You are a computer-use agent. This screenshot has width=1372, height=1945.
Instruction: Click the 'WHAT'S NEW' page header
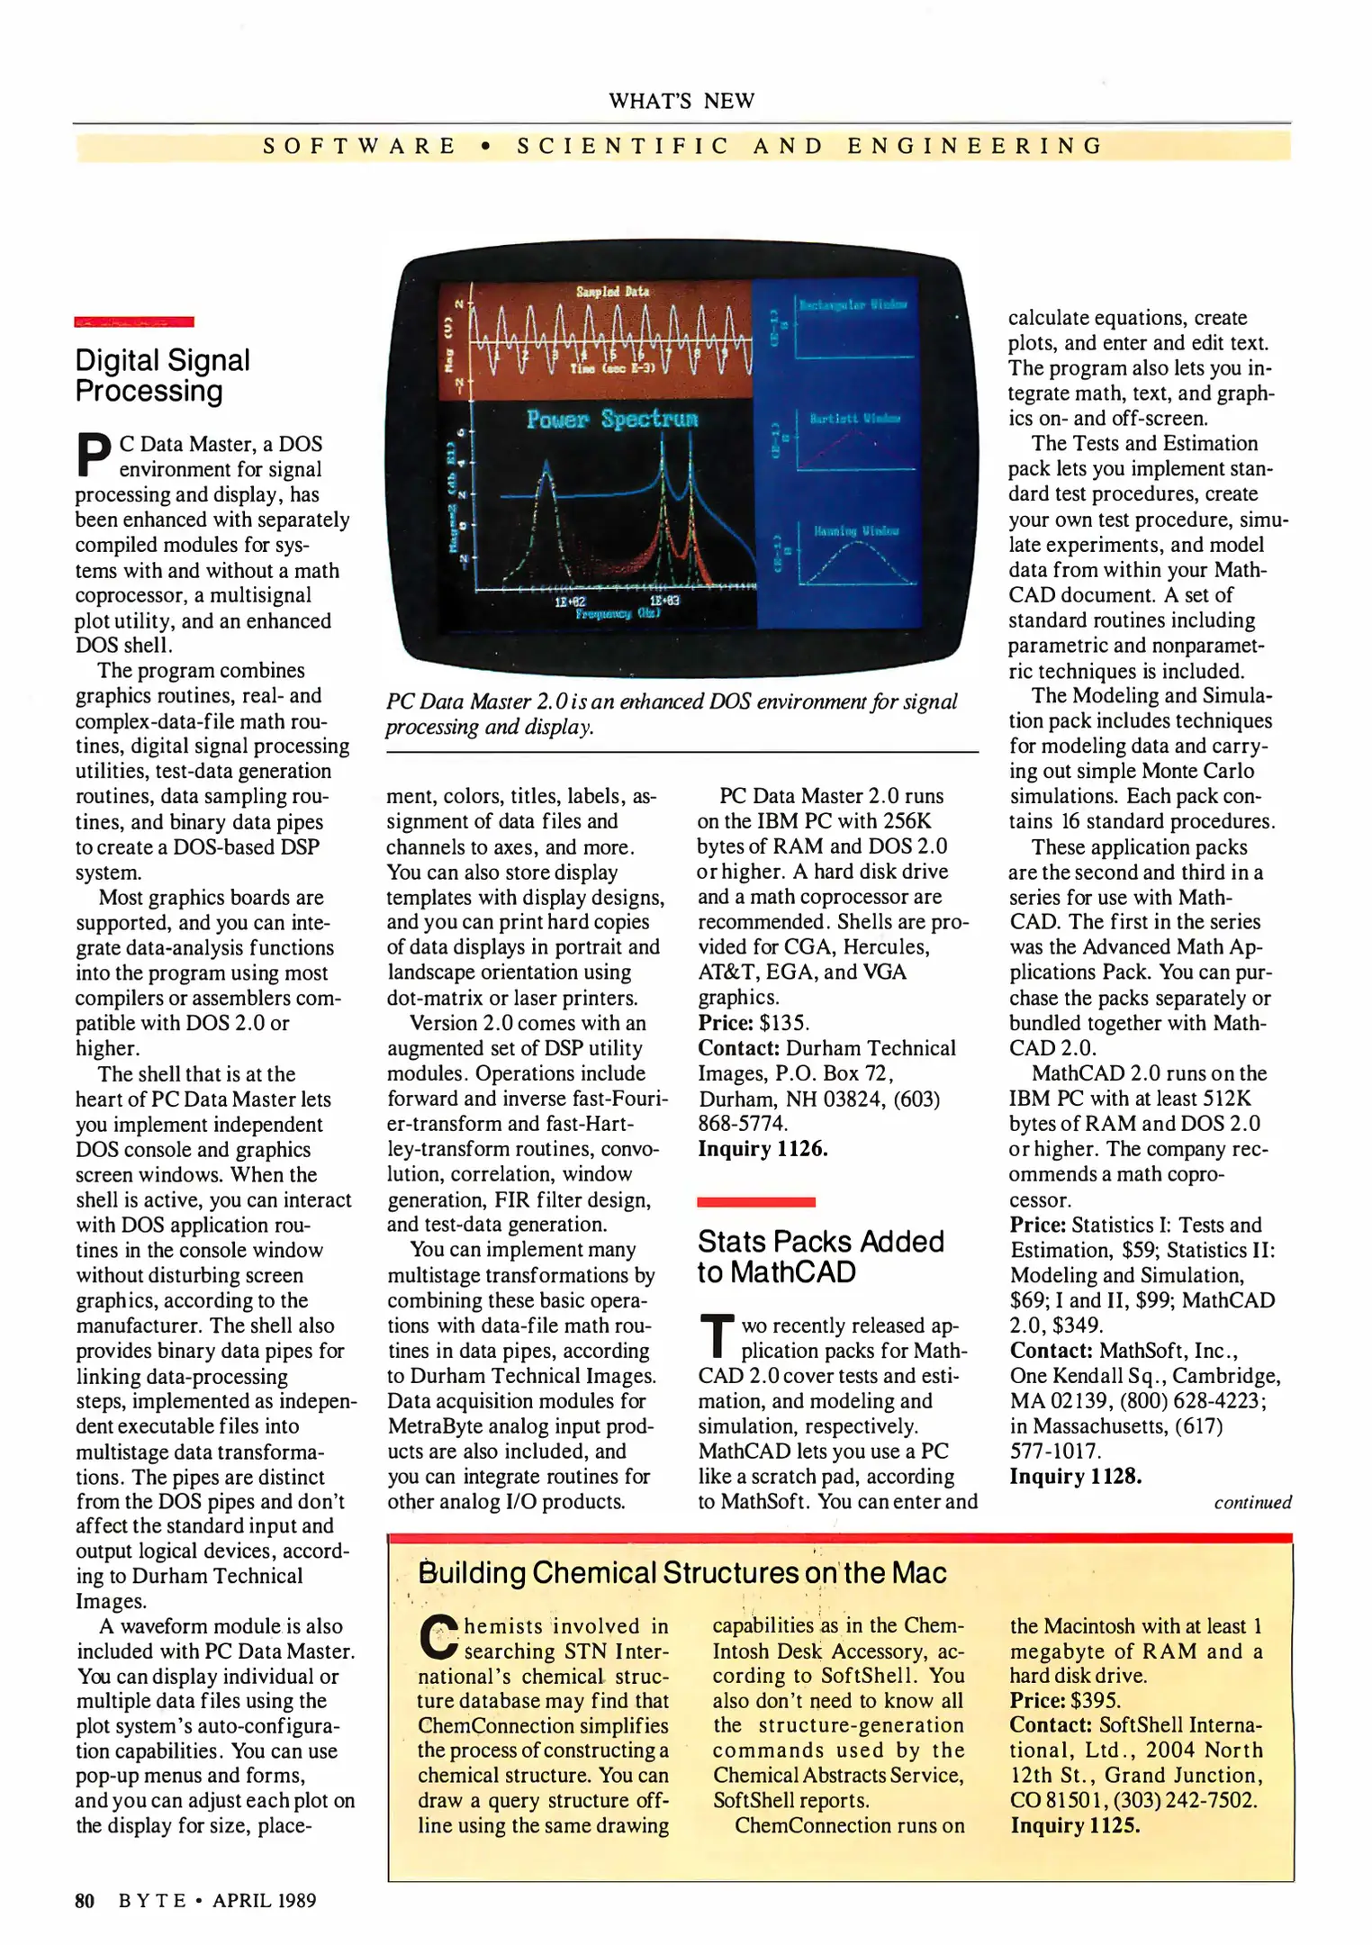click(x=681, y=101)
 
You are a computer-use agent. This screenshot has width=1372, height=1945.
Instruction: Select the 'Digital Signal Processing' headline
click(x=163, y=375)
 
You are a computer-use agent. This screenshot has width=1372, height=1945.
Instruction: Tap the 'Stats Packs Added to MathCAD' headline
click(x=820, y=1256)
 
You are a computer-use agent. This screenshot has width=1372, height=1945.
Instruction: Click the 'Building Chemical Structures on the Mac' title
click(x=682, y=1572)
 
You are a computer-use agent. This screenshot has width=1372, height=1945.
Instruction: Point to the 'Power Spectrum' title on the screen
click(x=612, y=419)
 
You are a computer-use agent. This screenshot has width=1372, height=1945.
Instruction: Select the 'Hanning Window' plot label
click(x=856, y=531)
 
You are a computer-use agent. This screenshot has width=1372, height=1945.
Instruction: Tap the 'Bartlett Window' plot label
click(x=854, y=419)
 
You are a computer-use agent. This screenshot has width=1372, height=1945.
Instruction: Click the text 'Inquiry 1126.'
click(x=763, y=1149)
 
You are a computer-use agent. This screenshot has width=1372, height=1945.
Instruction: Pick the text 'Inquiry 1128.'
click(x=1075, y=1476)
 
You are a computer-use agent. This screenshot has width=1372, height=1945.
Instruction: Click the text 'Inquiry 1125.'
click(x=1075, y=1825)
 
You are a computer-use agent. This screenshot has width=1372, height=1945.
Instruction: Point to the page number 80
click(x=85, y=1900)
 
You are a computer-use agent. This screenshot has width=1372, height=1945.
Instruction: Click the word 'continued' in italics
click(x=1252, y=1502)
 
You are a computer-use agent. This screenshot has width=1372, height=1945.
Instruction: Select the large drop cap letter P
click(x=94, y=455)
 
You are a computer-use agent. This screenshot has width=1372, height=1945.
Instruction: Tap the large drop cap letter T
click(x=717, y=1336)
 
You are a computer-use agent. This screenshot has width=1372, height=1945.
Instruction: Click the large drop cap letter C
click(x=439, y=1637)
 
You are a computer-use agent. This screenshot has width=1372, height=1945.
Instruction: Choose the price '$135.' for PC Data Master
click(x=784, y=1023)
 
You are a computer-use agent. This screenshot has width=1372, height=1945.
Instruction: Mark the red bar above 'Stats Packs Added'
click(x=756, y=1202)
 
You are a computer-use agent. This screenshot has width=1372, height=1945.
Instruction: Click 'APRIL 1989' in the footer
click(x=265, y=1900)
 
